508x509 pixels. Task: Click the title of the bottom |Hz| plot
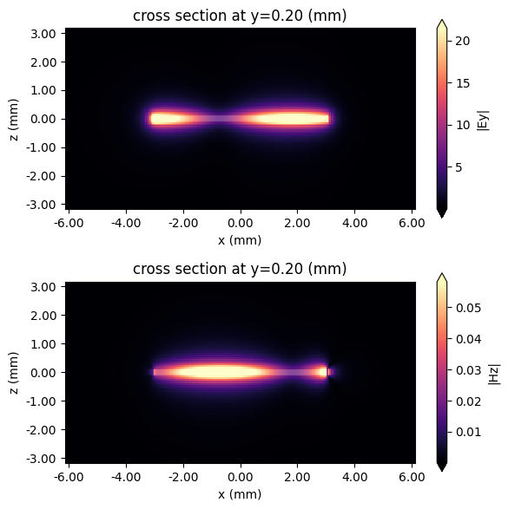(239, 269)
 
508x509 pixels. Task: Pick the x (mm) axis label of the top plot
(239, 240)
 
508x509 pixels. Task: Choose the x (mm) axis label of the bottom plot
(239, 494)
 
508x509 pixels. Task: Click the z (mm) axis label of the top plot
(12, 119)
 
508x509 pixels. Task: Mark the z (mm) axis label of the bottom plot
(12, 373)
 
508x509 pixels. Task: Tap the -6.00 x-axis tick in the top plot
(69, 224)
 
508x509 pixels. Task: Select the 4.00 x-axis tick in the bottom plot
(353, 478)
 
